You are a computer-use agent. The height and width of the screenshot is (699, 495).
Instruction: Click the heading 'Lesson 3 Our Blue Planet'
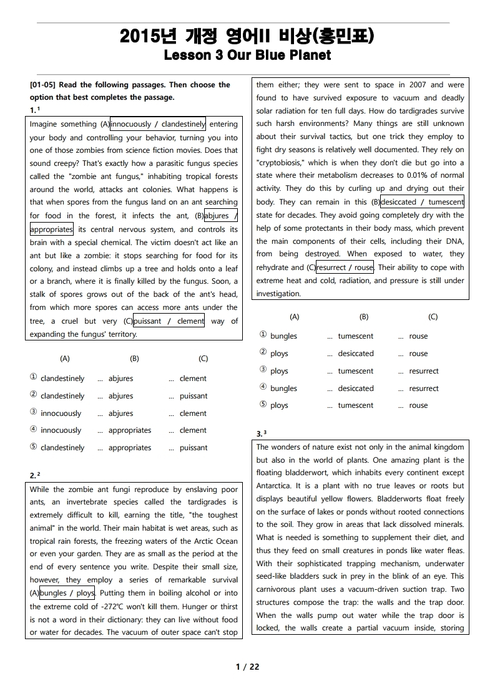[247, 55]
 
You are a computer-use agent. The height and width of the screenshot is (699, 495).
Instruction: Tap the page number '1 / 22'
[247, 667]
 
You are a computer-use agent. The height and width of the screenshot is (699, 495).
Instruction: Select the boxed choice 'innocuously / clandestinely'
[158, 124]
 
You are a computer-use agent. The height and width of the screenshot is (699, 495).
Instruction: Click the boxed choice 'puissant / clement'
[169, 321]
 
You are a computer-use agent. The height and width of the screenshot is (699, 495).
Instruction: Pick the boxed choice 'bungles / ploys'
[67, 593]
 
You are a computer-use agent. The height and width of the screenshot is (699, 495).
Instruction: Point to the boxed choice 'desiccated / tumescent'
[422, 202]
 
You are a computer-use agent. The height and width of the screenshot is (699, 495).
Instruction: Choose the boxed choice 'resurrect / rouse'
[345, 268]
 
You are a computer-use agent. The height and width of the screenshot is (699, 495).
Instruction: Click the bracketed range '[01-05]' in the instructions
[42, 85]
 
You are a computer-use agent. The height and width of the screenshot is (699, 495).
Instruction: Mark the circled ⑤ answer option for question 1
[33, 447]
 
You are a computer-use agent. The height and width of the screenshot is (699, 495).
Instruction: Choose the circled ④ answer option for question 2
[263, 388]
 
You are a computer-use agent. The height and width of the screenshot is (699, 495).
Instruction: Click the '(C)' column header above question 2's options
[433, 317]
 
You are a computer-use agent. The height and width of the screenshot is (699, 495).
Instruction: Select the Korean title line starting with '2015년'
[247, 36]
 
